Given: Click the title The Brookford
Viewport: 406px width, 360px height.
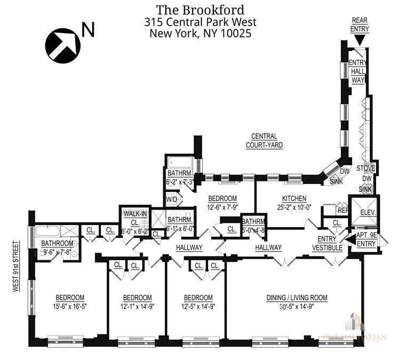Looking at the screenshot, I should [x=200, y=10].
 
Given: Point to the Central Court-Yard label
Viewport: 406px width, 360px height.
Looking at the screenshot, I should [x=264, y=140].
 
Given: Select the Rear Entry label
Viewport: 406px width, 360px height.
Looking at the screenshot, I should [x=359, y=25].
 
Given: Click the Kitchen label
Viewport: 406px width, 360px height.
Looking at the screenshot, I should [x=294, y=198].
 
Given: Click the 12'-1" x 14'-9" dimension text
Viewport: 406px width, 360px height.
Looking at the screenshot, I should [x=137, y=307].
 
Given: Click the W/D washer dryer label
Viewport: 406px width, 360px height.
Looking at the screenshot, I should [x=172, y=199].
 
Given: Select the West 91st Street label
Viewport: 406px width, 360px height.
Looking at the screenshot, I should [x=16, y=267].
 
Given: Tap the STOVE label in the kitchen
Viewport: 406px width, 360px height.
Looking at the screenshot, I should [x=366, y=169].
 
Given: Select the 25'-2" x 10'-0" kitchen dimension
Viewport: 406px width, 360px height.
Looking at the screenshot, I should [x=294, y=207].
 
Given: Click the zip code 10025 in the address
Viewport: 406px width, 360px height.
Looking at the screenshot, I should [x=235, y=33].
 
